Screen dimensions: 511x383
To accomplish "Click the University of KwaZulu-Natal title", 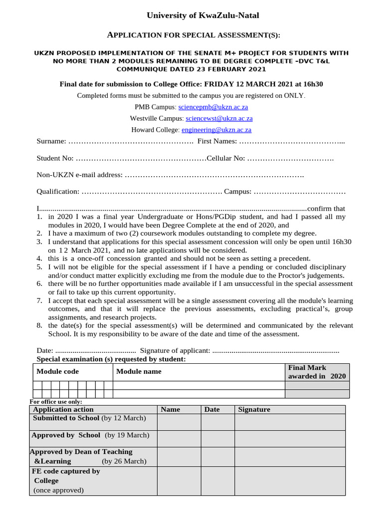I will tap(202, 16).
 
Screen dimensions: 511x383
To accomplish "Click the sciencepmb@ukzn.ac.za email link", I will tap(213, 107).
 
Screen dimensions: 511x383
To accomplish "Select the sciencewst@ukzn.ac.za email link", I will tap(219, 118).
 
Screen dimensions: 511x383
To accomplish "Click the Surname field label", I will tap(51, 141).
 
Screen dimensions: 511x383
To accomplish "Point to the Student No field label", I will tap(55, 158).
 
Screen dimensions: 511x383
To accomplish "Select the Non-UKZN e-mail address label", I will tap(79, 175).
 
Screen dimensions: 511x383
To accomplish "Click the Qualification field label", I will tap(58, 192).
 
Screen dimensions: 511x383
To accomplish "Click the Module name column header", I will tap(139, 371).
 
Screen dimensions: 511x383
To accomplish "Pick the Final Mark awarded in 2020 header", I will tap(317, 372).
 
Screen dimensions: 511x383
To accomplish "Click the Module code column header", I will tap(57, 371).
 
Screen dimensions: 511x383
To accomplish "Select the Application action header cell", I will tap(63, 409).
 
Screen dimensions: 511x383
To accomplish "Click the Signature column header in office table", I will tap(254, 409).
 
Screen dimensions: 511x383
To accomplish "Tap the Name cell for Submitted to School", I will tap(179, 422).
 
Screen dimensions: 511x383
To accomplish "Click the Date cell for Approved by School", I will tap(217, 439).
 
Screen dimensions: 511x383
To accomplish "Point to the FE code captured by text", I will tap(66, 471).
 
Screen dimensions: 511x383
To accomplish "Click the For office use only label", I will tap(56, 402).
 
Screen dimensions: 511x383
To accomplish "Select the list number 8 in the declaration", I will tap(39, 325).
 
